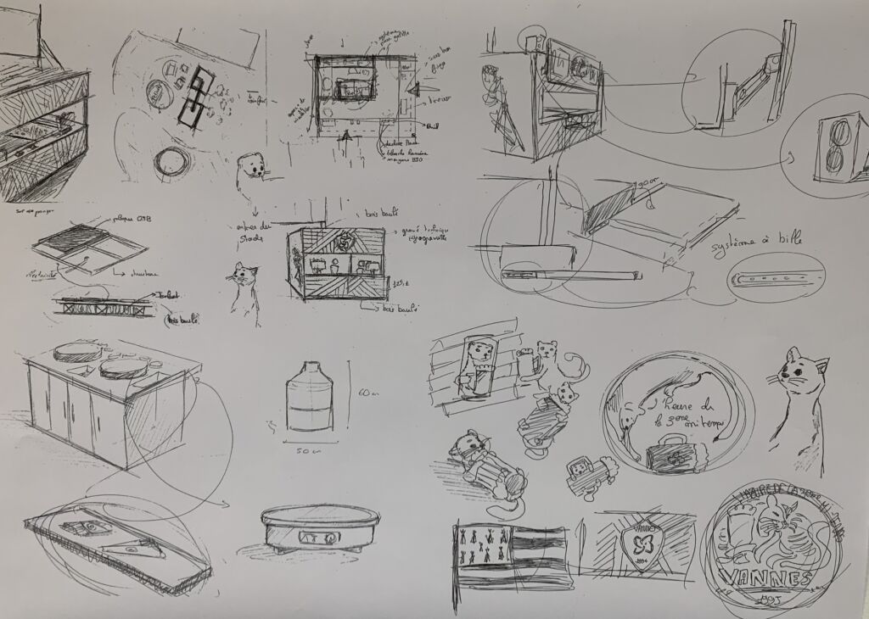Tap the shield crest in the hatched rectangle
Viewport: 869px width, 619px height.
pyautogui.click(x=644, y=538)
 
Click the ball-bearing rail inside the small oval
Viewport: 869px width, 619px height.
pyautogui.click(x=777, y=276)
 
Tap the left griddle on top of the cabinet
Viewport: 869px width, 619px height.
pyautogui.click(x=76, y=352)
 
